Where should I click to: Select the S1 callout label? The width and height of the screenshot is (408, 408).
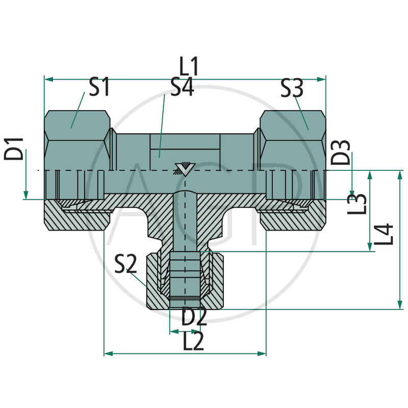point(99,88)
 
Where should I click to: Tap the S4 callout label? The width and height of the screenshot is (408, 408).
point(182,88)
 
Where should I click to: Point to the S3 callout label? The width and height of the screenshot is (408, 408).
point(292,90)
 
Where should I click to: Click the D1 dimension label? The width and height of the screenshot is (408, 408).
point(15,148)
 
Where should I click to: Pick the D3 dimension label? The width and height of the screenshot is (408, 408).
point(341,152)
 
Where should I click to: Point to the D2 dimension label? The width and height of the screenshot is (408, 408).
point(194,317)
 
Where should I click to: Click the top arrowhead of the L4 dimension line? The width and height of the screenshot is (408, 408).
point(400,174)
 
